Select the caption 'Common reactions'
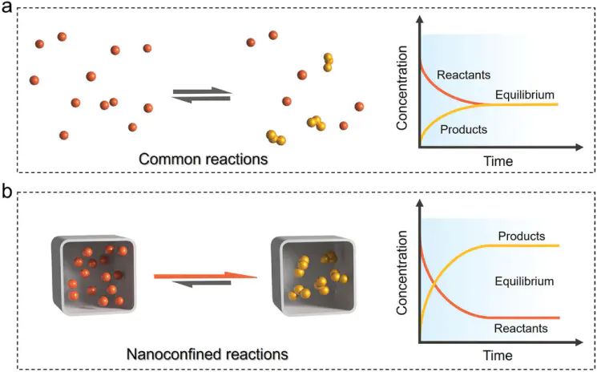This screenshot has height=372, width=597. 204,159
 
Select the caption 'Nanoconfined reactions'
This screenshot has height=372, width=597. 207,353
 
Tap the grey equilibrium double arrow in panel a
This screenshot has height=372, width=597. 202,95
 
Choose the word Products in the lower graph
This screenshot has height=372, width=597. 521,237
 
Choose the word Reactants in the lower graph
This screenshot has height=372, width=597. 521,328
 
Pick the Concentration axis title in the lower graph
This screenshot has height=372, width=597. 404,281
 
